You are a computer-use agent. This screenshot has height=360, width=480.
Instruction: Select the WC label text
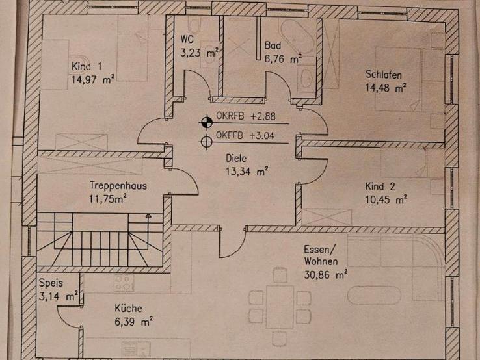187,39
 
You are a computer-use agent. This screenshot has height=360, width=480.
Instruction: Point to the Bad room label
272,45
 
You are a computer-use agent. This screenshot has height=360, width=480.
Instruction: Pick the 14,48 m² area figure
386,88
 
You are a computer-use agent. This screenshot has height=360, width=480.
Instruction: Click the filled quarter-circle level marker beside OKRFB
206,121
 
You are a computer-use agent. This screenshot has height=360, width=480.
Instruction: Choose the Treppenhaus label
118,185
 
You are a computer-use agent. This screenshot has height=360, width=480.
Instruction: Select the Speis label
51,283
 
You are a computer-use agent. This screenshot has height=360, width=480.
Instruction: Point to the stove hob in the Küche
124,282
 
